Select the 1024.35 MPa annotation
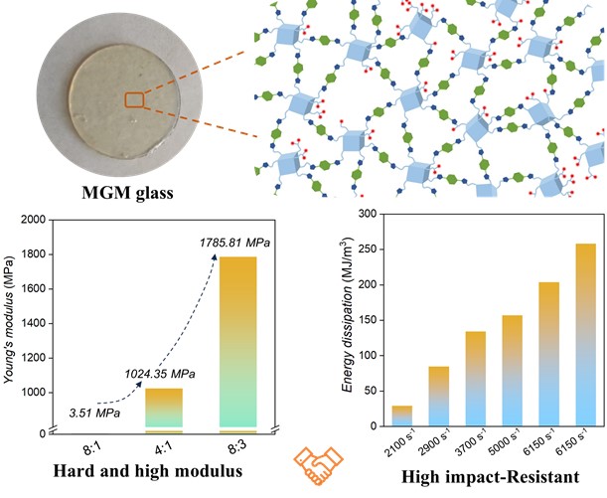(x=152, y=375)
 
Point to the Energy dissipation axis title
(x=348, y=320)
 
